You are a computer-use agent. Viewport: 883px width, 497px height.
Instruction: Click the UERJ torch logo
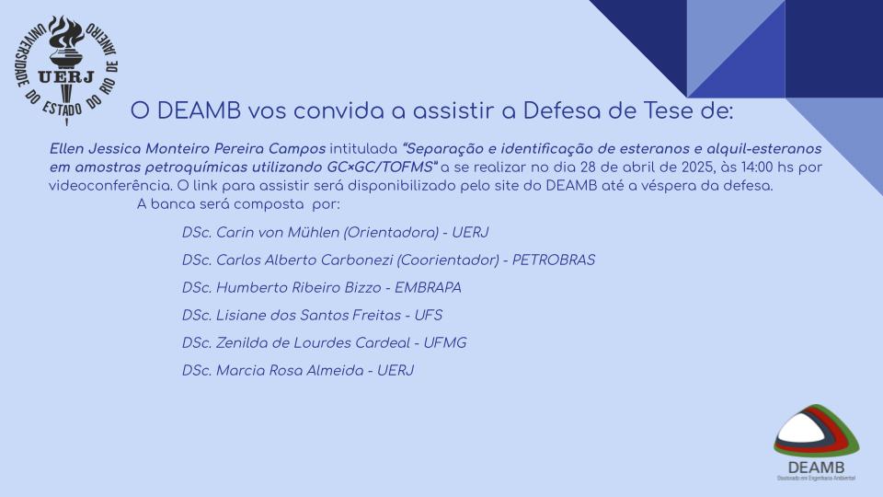point(66,70)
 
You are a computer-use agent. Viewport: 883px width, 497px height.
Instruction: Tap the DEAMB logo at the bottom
point(817,443)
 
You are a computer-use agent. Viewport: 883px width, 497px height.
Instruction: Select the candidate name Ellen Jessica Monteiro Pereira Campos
point(188,149)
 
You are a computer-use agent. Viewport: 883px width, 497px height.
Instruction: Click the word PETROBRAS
point(554,260)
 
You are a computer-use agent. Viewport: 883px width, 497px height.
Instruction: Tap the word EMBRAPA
point(428,287)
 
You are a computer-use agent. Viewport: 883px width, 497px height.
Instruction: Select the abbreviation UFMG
point(445,342)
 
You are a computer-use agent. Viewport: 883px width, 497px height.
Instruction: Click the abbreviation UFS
point(429,315)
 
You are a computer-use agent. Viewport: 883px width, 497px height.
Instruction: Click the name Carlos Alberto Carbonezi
point(304,260)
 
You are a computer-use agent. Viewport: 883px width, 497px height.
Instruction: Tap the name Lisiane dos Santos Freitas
point(309,315)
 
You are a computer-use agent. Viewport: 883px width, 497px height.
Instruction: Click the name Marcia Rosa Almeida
point(290,370)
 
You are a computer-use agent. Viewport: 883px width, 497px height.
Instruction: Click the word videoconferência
point(110,186)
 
